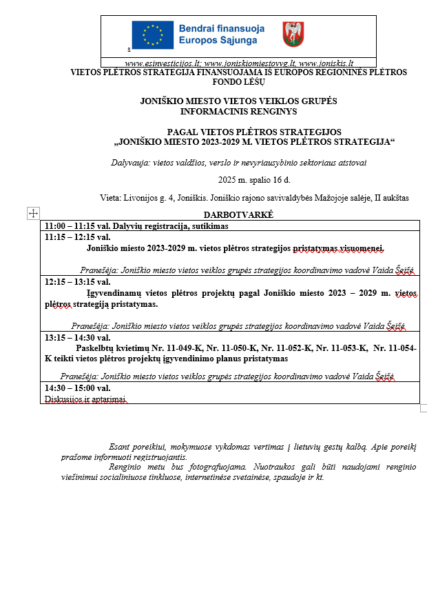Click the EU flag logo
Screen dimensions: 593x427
(x=152, y=35)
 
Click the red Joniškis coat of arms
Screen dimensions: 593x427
(x=293, y=34)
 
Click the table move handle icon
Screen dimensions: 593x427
(x=32, y=214)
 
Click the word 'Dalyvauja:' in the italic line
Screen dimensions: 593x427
(x=130, y=163)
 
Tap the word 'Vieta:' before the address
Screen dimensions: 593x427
(x=111, y=198)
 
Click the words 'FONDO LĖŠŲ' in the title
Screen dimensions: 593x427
(x=238, y=81)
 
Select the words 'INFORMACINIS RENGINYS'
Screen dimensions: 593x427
(x=238, y=110)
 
